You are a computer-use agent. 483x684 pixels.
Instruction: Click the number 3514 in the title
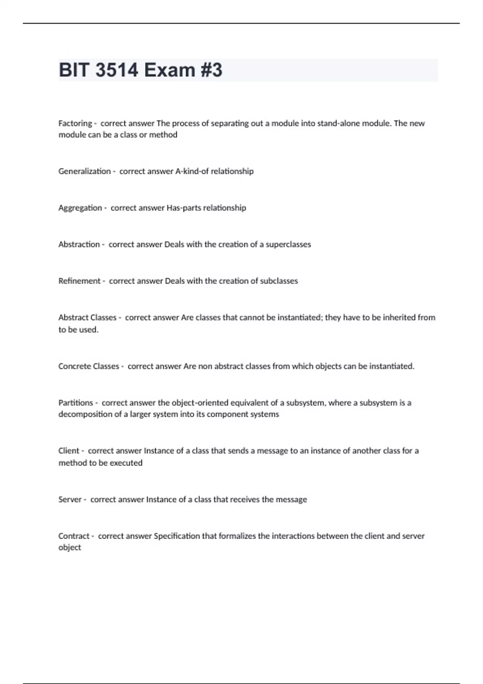click(117, 70)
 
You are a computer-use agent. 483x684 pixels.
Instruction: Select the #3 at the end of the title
click(211, 70)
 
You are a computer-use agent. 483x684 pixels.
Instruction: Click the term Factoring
click(75, 123)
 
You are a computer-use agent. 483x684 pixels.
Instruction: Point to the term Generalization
click(85, 171)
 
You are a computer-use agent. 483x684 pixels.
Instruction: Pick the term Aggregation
click(80, 208)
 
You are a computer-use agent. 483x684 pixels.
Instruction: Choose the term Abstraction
click(79, 244)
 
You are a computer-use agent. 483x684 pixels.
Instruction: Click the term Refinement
click(79, 281)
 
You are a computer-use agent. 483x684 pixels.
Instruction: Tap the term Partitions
click(76, 403)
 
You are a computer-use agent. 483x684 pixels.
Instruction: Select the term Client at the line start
click(69, 451)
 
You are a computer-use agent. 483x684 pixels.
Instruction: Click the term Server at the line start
click(70, 499)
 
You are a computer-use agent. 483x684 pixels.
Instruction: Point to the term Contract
click(74, 536)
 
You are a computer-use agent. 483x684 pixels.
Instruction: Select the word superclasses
click(288, 244)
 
